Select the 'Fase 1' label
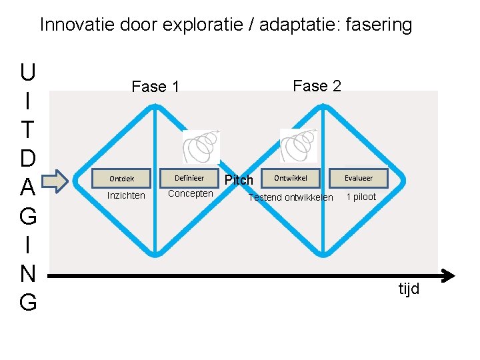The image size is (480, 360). coord(155,87)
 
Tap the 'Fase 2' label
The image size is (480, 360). coord(317,86)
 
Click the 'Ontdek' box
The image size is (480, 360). coord(122,179)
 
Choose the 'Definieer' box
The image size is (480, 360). coord(189,178)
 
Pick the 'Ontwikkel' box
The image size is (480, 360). coord(291,178)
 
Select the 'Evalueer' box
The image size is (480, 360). coord(359,178)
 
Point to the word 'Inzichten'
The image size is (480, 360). coord(126,195)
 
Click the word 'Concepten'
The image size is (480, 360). coord(191,194)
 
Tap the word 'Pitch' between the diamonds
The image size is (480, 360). coord(239,180)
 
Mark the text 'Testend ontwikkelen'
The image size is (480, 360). coord(291,197)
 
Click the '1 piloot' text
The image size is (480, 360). coord(361,197)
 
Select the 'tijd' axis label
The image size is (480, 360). coord(409,289)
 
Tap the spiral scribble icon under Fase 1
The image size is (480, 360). coord(201,146)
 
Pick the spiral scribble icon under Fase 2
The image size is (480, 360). coord(298,145)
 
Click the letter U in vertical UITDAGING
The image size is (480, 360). coord(28,71)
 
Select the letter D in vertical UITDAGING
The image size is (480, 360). coord(28,159)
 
